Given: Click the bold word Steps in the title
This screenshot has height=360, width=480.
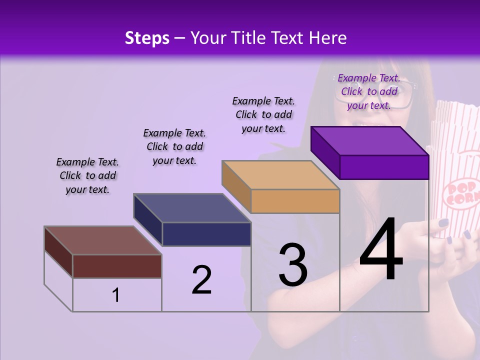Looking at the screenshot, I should (147, 38).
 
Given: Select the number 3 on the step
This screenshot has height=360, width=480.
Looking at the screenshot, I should (293, 265).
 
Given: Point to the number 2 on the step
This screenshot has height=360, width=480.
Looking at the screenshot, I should (201, 280).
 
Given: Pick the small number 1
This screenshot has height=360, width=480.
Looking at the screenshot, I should (116, 295).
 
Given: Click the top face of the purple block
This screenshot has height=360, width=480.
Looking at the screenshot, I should (370, 140).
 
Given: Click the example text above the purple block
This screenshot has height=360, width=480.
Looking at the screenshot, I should (369, 91).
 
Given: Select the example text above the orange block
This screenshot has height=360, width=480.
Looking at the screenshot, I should (263, 114).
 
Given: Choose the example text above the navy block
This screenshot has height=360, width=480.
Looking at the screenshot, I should (174, 146).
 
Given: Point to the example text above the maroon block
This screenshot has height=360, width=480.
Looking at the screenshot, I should (87, 175).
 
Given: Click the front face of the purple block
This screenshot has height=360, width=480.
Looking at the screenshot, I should (384, 167).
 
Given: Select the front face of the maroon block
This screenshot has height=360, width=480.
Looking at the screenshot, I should (117, 266).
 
